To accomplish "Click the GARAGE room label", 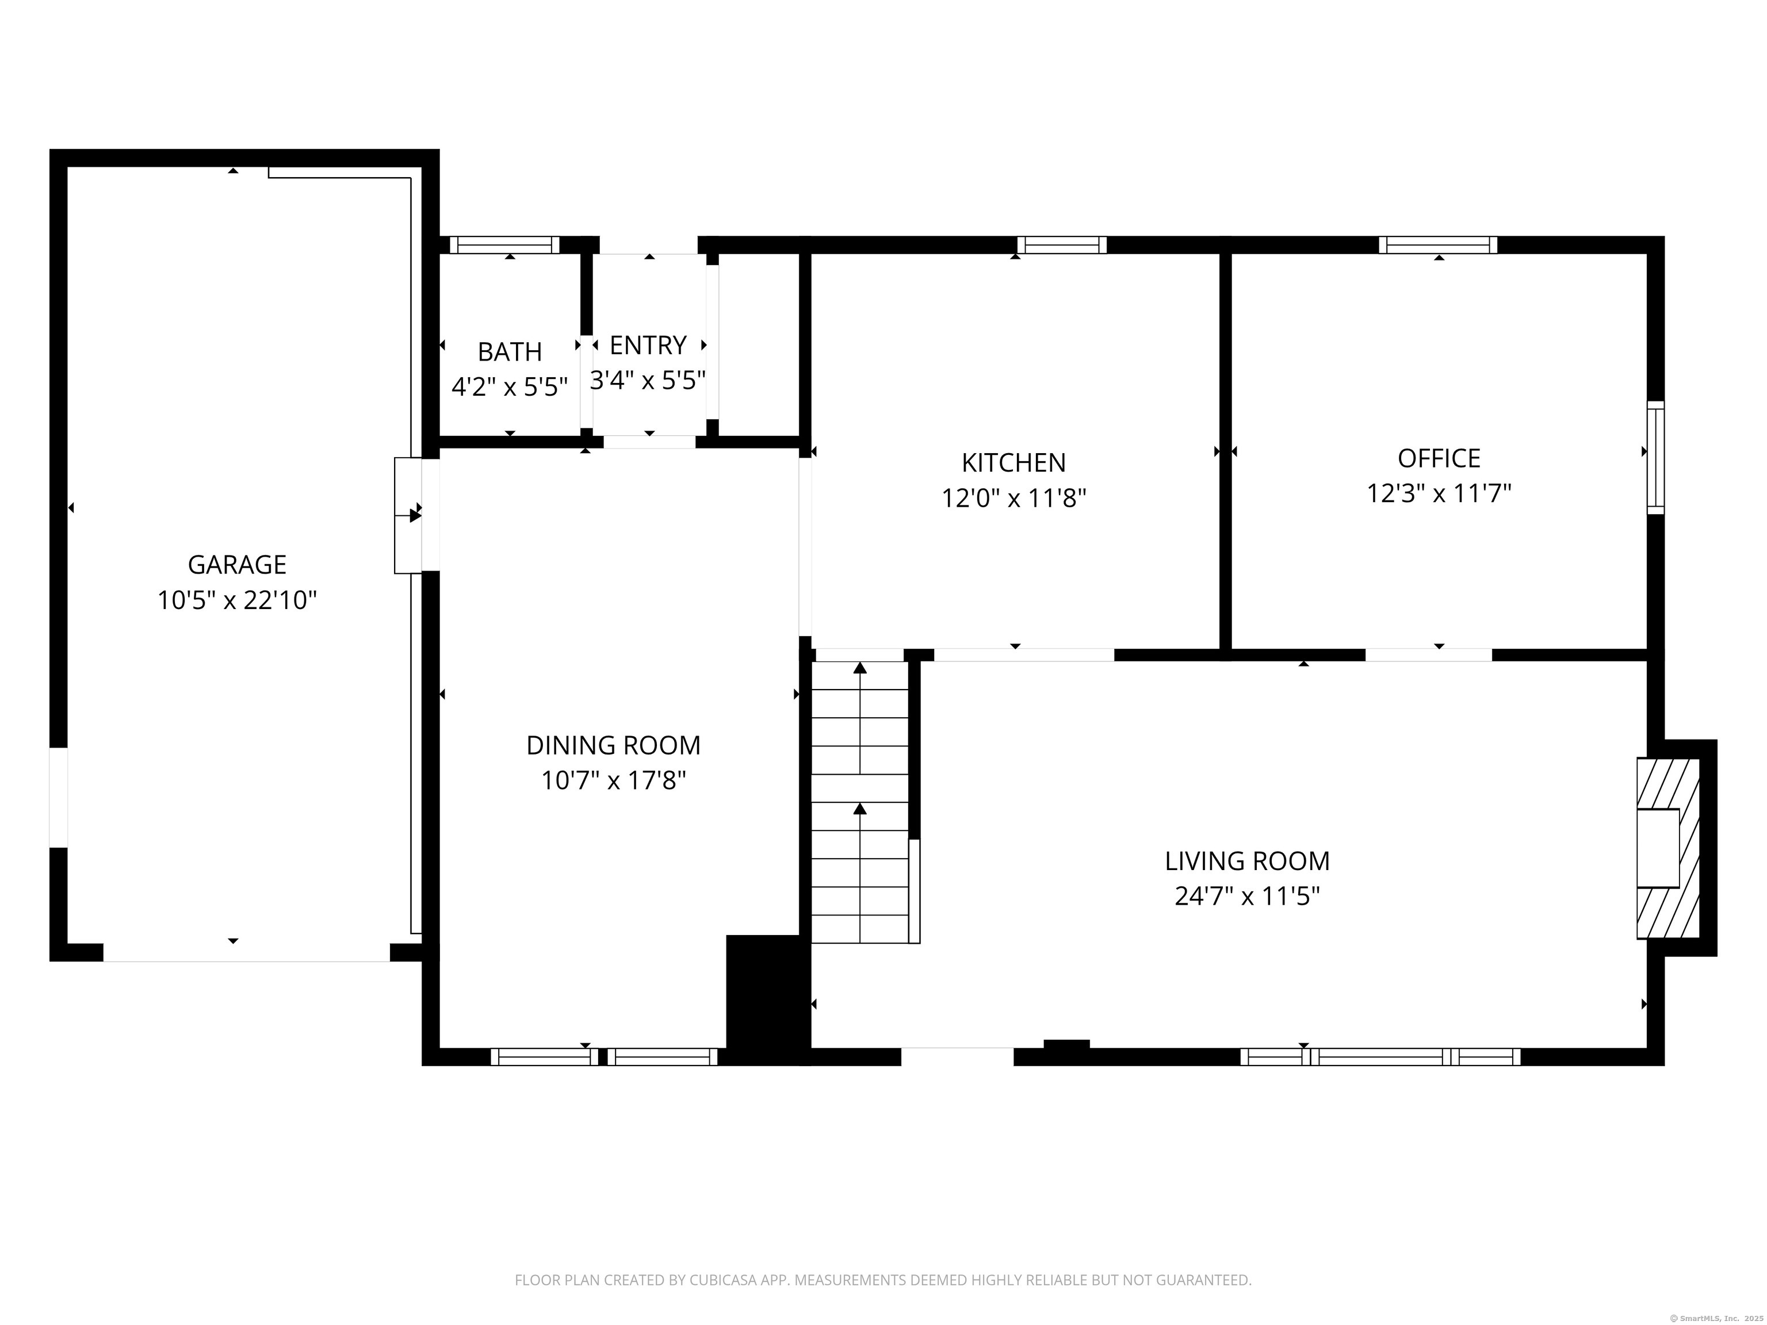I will [236, 565].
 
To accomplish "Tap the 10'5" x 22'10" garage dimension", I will [236, 600].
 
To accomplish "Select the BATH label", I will [510, 351].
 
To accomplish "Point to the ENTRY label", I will [648, 345].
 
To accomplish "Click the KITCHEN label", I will [1013, 462].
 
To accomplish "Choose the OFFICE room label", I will [1439, 458].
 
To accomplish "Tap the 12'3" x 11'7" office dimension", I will [1439, 493].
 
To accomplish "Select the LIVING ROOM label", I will [1246, 861].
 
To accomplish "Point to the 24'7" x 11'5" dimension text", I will [1246, 896].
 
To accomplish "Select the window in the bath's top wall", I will [505, 244].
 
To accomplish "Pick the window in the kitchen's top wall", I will [1062, 244].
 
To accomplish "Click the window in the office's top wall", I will [1438, 244].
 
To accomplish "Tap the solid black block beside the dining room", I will [765, 998].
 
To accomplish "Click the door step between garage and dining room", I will [408, 515].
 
